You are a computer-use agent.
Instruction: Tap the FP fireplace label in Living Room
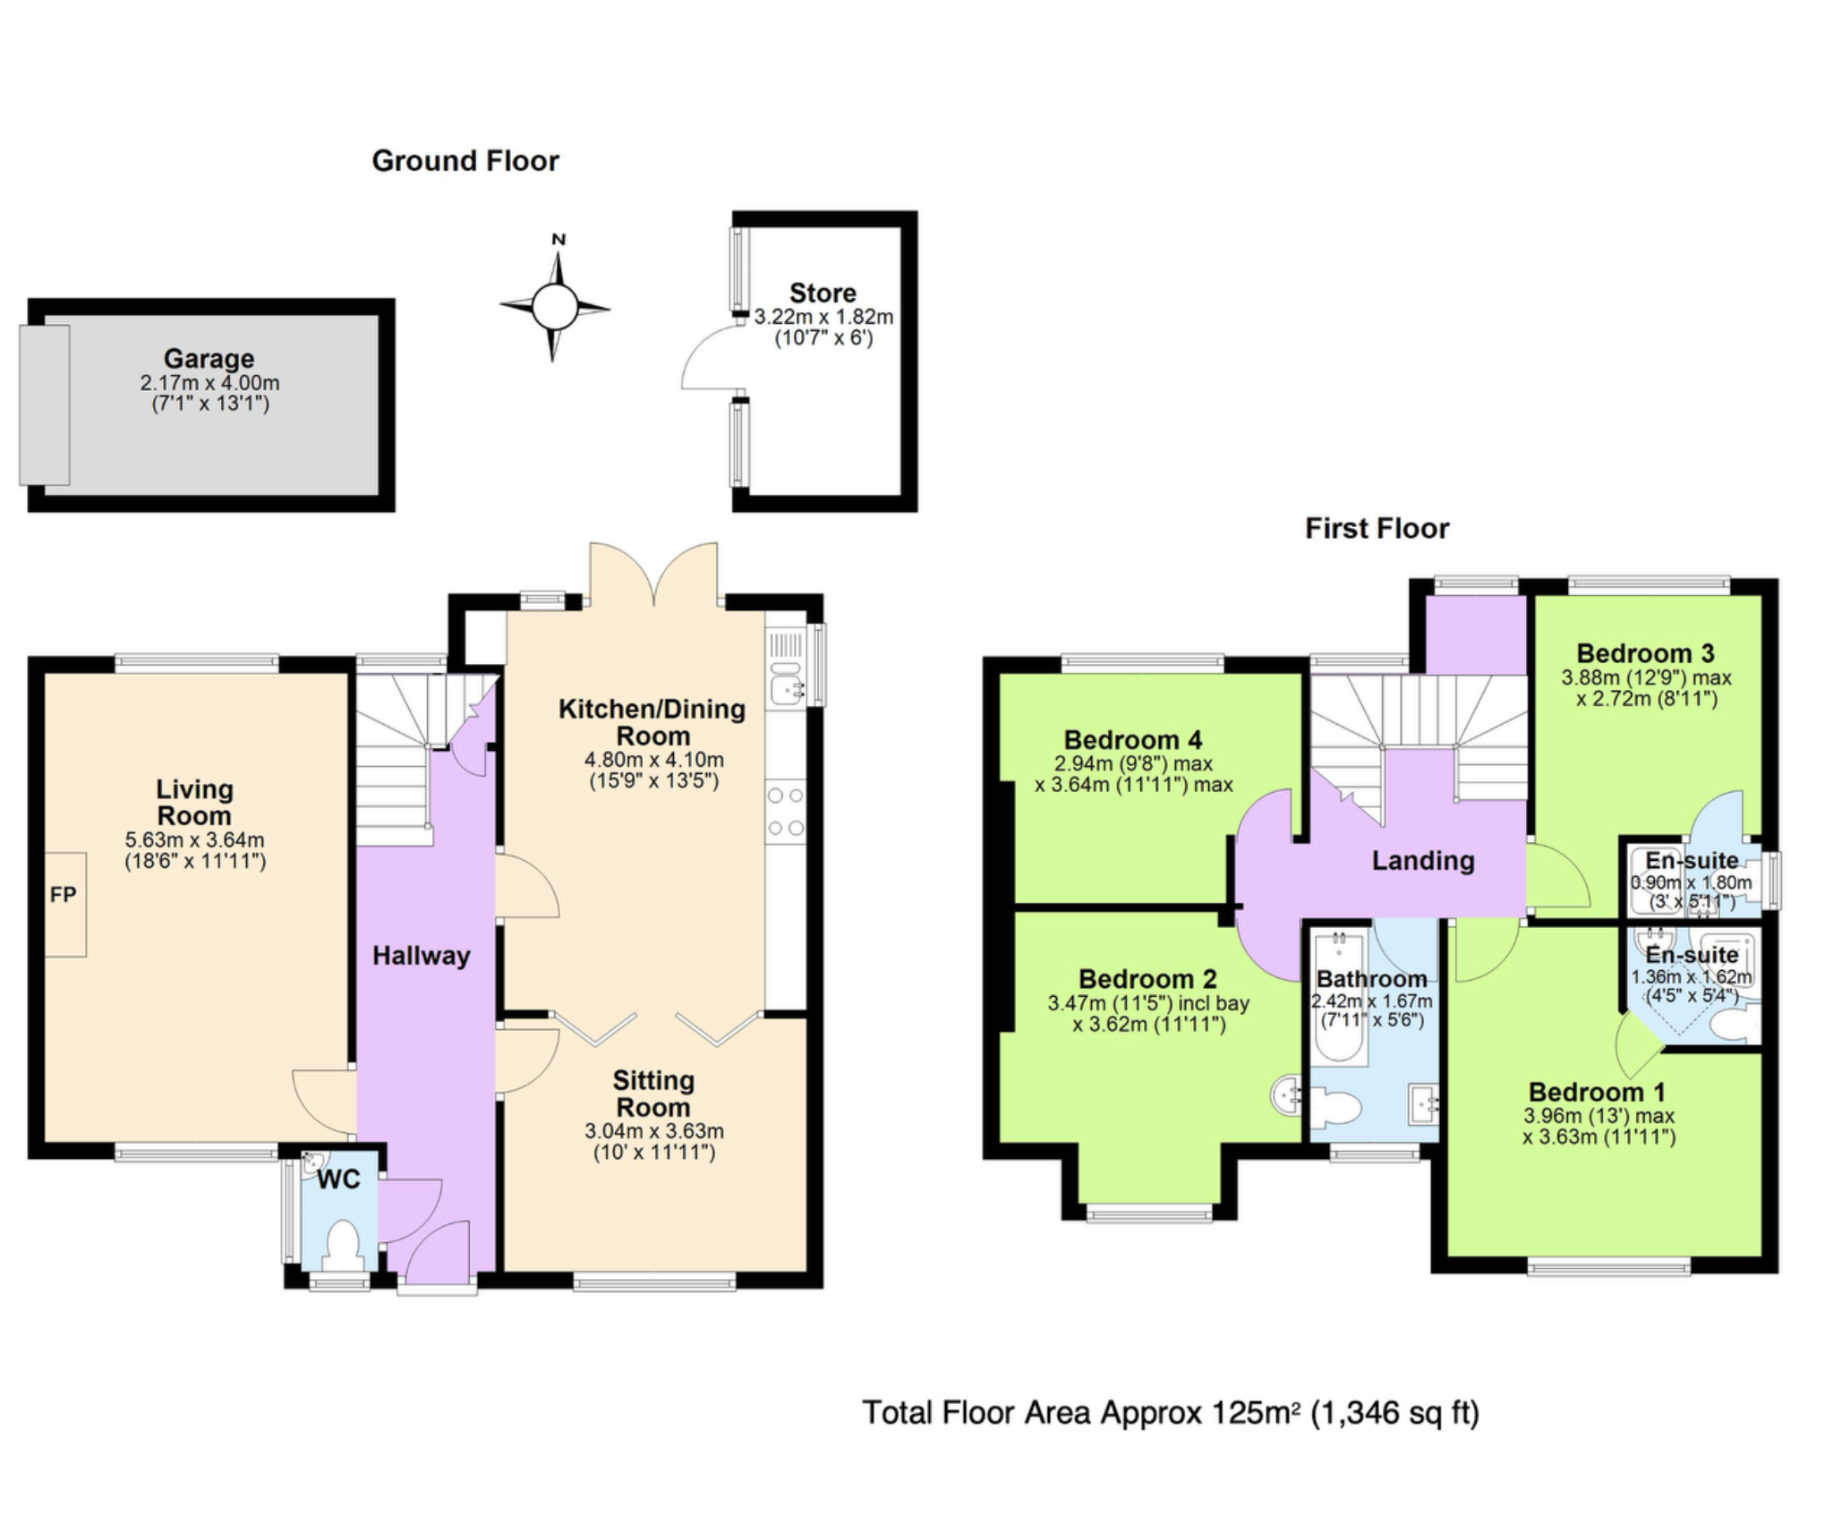pos(64,894)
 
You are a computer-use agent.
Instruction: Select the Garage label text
pos(209,358)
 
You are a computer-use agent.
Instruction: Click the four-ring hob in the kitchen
pos(786,812)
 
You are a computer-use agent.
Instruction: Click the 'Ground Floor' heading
pos(465,161)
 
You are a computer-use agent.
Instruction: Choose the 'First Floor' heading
pos(1377,528)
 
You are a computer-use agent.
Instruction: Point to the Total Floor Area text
pos(1171,1412)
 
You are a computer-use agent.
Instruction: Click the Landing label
pos(1423,861)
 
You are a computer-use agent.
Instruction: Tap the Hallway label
pos(421,956)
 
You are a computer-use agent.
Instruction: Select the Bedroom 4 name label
pos(1132,740)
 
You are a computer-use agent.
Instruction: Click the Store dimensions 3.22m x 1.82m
pos(823,317)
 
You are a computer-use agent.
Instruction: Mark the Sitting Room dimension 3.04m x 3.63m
pos(654,1131)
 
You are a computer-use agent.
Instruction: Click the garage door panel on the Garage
pos(45,404)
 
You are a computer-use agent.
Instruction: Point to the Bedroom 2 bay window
pos(1150,1213)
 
